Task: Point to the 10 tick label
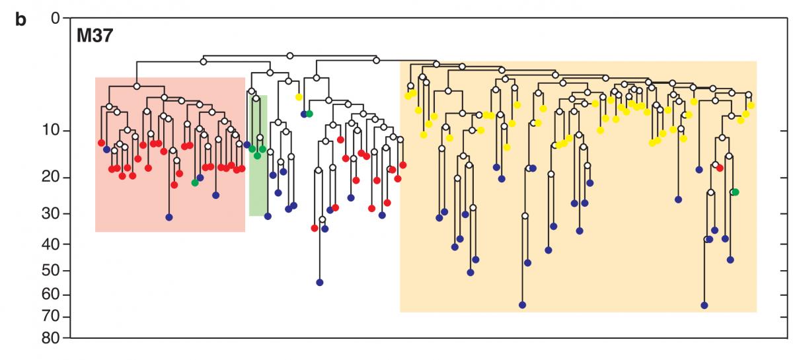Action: click(51, 130)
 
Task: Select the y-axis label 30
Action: click(51, 213)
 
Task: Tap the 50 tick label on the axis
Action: click(51, 270)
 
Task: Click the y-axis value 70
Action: click(51, 316)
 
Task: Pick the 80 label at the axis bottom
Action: click(51, 338)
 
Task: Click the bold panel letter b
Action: click(20, 20)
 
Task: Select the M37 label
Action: click(94, 36)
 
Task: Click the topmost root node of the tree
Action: click(290, 55)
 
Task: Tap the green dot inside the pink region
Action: click(195, 183)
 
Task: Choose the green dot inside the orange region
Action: click(736, 192)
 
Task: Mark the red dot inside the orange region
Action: click(720, 168)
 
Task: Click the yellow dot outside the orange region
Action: click(299, 97)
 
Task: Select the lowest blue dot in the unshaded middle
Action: click(320, 282)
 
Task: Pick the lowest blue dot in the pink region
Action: click(169, 217)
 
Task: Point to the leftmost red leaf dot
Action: click(101, 143)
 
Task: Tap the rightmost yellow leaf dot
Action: click(751, 105)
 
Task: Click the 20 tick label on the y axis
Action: click(51, 176)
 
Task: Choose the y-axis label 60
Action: click(51, 294)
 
